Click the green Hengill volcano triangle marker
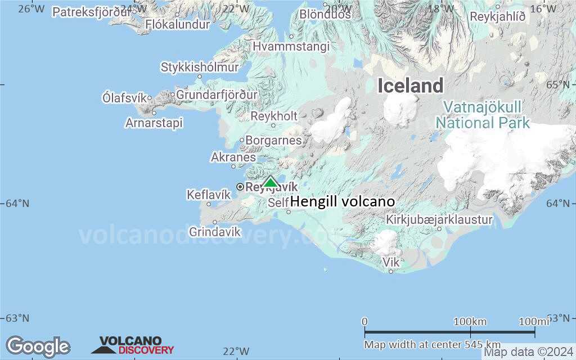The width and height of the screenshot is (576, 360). click(271, 182)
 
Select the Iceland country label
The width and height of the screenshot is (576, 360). click(410, 86)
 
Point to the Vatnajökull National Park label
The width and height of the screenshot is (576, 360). click(483, 115)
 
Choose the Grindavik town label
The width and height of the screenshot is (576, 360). click(215, 232)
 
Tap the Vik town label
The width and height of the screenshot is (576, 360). click(390, 262)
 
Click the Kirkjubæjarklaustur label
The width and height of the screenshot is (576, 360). click(439, 219)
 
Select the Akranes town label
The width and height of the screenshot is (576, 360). click(233, 157)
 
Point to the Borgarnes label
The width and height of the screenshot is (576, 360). click(274, 140)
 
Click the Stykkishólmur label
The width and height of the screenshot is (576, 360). click(200, 67)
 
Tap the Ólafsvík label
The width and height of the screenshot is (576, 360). click(126, 97)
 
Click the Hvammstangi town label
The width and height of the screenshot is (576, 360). click(291, 47)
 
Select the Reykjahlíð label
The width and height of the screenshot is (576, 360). click(498, 17)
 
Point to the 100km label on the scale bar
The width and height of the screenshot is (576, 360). click(470, 321)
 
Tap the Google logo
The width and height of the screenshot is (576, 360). click(38, 346)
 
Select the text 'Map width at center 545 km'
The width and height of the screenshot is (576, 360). click(432, 344)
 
